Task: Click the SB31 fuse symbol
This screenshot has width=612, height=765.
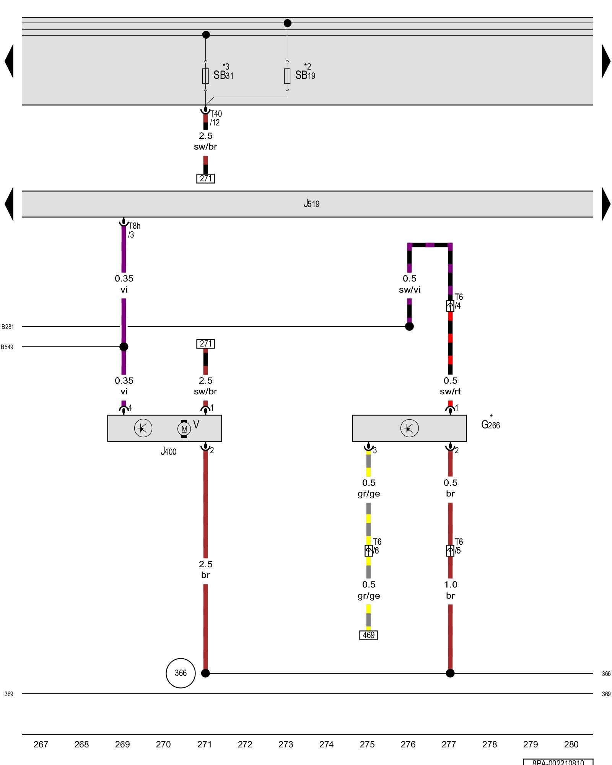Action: (x=205, y=76)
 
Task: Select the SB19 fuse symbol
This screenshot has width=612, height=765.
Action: (x=287, y=76)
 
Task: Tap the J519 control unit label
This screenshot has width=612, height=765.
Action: (x=311, y=203)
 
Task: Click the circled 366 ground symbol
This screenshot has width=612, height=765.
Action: (x=181, y=673)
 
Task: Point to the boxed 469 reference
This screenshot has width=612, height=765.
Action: (x=368, y=635)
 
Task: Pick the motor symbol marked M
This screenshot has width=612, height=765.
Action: (x=184, y=428)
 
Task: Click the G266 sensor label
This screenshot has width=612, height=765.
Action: (x=490, y=424)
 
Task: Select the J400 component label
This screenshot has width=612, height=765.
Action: (x=168, y=451)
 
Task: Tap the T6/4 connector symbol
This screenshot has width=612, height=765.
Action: (x=450, y=306)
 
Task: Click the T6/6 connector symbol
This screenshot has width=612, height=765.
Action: (x=368, y=550)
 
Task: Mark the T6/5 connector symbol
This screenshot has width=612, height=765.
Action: (x=450, y=550)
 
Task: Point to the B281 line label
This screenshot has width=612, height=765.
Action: (x=8, y=327)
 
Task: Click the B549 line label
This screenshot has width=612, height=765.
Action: (x=7, y=347)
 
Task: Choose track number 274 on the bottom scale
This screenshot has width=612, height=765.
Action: (x=326, y=744)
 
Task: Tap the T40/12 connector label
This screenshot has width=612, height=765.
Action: (x=215, y=118)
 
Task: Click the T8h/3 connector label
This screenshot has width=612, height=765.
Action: (x=134, y=230)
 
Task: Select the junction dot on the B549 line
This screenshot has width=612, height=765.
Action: (x=124, y=347)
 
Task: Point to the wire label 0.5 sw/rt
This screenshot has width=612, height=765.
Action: (x=450, y=386)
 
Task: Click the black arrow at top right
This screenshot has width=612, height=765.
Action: (x=606, y=61)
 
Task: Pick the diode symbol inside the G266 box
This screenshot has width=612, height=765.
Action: (x=409, y=428)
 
